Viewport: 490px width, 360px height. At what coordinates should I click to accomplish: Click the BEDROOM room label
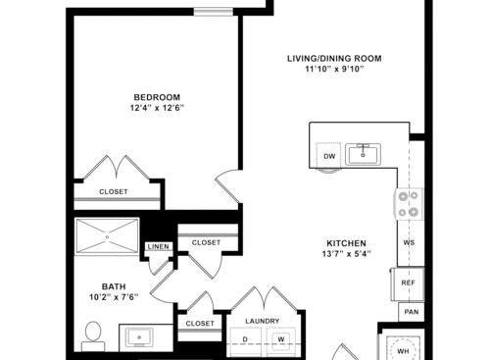(157, 96)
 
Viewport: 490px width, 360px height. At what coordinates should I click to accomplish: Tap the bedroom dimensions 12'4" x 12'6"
(157, 108)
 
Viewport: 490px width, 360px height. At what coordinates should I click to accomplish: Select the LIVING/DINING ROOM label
(334, 59)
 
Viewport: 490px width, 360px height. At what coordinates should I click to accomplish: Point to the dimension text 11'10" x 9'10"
(334, 71)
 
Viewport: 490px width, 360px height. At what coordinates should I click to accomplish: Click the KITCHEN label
(346, 242)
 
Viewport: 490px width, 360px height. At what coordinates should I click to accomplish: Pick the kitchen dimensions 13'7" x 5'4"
(346, 254)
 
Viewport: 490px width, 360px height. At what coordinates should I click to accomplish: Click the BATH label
(114, 287)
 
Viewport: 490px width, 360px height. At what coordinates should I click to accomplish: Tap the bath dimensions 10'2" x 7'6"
(114, 299)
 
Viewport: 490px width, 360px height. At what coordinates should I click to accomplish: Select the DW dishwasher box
(329, 155)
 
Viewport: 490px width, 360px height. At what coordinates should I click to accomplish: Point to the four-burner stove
(409, 203)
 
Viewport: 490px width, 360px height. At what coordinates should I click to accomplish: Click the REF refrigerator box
(409, 282)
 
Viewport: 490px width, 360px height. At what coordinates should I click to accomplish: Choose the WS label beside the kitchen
(409, 242)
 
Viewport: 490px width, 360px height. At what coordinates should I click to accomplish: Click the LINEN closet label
(157, 246)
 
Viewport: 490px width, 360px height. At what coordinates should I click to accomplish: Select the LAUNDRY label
(262, 321)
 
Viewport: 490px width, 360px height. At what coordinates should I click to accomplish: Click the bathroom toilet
(94, 334)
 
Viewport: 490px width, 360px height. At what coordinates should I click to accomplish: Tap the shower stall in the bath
(108, 236)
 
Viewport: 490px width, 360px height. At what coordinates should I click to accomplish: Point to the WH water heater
(402, 347)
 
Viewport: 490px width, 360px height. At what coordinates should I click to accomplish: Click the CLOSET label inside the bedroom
(114, 191)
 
